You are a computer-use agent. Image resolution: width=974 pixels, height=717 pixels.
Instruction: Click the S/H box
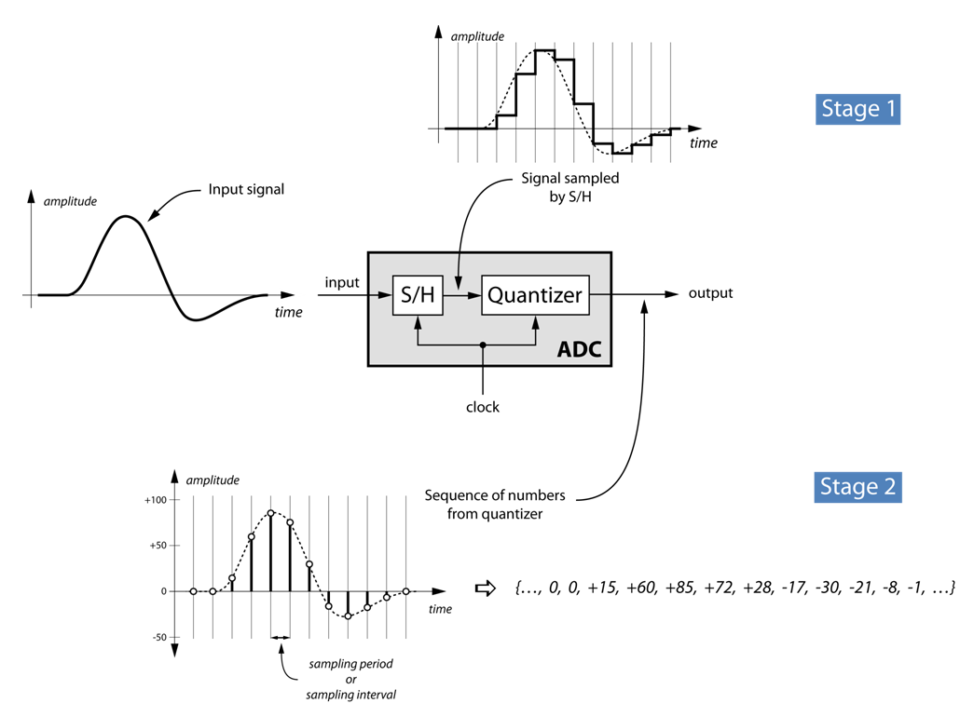click(x=418, y=295)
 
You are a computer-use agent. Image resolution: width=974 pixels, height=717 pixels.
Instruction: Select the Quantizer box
click(x=535, y=295)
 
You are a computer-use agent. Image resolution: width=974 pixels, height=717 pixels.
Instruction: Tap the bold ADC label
click(x=579, y=349)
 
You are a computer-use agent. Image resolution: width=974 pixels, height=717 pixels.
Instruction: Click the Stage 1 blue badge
click(x=857, y=109)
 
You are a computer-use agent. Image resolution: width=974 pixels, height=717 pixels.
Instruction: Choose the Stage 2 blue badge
click(x=857, y=487)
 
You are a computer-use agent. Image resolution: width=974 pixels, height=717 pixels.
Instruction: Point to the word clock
click(x=483, y=407)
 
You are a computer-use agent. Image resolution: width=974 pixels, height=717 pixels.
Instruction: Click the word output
click(x=710, y=293)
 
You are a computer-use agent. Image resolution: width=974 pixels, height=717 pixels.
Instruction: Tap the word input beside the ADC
click(x=342, y=282)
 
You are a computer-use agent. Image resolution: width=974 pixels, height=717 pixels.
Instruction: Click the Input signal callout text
click(x=246, y=189)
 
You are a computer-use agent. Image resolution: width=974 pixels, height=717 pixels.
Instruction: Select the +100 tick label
click(x=156, y=500)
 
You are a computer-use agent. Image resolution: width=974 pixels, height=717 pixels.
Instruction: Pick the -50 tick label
click(x=159, y=637)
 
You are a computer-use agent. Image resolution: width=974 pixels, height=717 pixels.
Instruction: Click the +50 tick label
click(x=158, y=546)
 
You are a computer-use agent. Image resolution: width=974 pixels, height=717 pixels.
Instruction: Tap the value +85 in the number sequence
click(x=679, y=588)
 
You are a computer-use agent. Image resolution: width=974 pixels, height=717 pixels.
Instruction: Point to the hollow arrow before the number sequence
click(x=486, y=588)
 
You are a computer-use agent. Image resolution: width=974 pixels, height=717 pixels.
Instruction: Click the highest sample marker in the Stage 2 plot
click(x=271, y=513)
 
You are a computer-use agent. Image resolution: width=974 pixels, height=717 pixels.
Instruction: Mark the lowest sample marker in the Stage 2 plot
click(x=348, y=616)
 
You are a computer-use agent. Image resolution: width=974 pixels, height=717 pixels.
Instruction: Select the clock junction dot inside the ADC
click(x=483, y=345)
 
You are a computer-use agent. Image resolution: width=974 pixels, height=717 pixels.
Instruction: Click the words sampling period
click(x=351, y=664)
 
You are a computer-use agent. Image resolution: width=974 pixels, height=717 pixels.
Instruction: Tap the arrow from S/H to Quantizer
click(x=462, y=295)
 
